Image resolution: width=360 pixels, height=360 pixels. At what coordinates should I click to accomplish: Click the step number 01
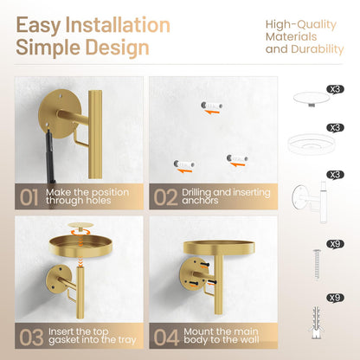(29, 197)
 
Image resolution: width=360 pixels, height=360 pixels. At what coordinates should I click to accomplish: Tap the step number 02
(165, 197)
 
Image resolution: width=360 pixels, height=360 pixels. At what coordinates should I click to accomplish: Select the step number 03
(31, 337)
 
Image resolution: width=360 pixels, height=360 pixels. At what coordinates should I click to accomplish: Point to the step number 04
(166, 337)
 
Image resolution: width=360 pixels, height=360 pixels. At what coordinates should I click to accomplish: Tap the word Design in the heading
(117, 48)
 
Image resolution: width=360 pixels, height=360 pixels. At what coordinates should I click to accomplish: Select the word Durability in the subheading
(318, 49)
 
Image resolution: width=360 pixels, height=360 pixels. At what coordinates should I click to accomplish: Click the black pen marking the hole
(50, 154)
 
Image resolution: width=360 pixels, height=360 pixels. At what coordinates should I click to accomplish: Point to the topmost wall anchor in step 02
(211, 106)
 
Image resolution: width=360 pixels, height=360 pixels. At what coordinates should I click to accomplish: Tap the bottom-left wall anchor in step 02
(183, 164)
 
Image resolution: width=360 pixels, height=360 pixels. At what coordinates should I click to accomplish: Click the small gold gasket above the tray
(80, 225)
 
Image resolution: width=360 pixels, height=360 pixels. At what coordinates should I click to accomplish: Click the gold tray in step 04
(219, 247)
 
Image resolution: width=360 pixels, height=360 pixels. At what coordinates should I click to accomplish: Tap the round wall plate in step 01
(55, 113)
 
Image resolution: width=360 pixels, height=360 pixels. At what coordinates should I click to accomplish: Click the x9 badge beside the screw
(335, 244)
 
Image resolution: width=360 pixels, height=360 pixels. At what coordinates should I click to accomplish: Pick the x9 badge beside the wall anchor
(335, 298)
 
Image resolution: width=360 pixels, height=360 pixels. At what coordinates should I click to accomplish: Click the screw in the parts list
(318, 264)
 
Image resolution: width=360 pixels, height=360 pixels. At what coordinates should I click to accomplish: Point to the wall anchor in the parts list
(317, 322)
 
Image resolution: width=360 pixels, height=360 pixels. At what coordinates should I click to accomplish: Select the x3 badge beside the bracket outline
(335, 175)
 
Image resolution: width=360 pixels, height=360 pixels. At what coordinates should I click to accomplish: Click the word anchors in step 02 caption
(200, 200)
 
